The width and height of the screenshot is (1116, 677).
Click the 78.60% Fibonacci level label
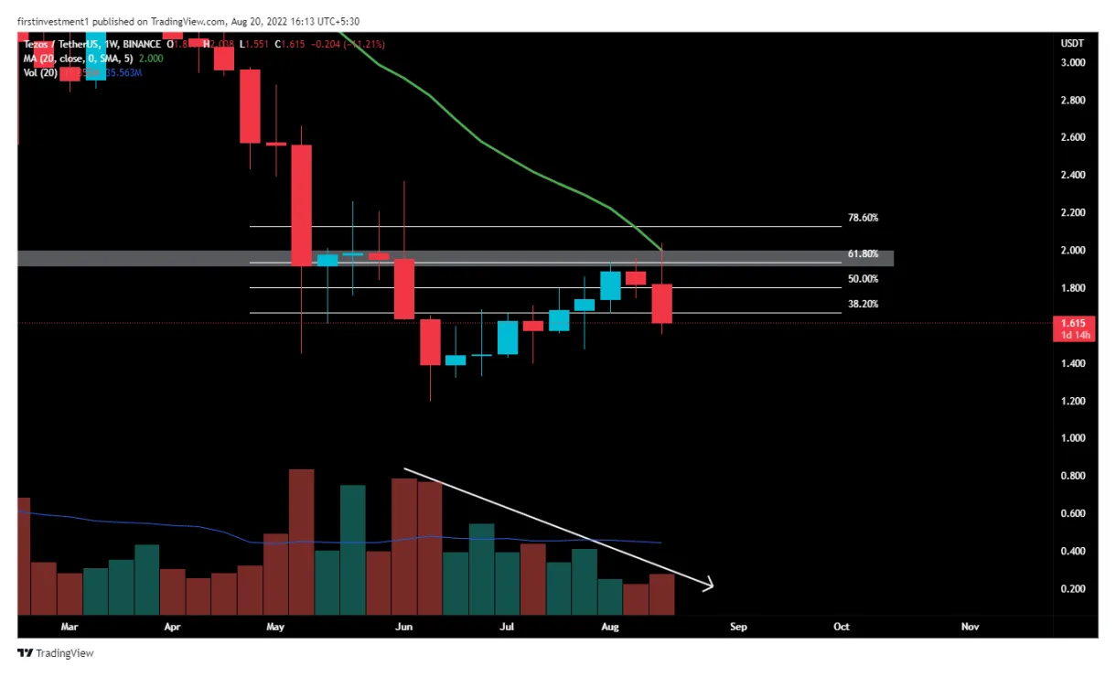[863, 218]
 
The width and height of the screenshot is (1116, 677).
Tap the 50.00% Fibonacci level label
[863, 279]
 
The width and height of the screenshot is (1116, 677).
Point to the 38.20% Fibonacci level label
[863, 304]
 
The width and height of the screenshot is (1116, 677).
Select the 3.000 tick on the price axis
[1072, 62]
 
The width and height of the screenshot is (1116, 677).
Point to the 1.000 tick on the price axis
[1072, 438]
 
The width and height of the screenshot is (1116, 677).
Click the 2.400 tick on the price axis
[1072, 175]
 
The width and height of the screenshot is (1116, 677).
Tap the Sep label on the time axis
[738, 627]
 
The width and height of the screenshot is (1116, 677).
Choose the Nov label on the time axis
[970, 627]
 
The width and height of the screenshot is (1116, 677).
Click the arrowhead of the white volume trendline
[708, 586]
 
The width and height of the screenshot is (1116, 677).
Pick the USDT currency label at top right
[1071, 42]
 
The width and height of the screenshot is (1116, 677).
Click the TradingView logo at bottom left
[56, 653]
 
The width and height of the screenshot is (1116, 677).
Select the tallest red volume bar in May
[301, 542]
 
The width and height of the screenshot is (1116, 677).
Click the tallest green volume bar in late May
[352, 549]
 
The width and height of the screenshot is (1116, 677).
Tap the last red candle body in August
[661, 303]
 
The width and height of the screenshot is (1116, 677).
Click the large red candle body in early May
[301, 205]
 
